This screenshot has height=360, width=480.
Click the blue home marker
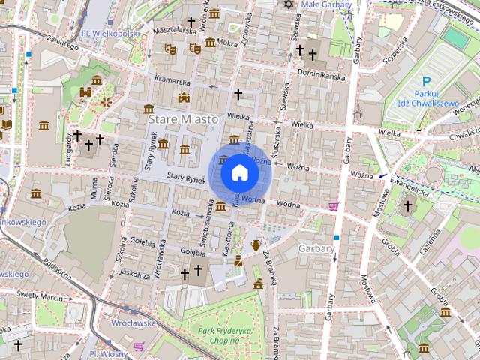pos(240,173)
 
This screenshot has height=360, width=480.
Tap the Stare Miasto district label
pos(183,119)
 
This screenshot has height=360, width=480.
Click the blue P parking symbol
pos(426,82)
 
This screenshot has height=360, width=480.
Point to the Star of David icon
pos(288,4)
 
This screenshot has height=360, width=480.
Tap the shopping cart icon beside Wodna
pos(333,205)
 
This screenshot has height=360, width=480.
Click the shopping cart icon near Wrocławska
pos(139,346)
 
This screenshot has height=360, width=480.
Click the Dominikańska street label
pos(320,74)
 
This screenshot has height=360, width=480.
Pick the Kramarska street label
pos(172,81)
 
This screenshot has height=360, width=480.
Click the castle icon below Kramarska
pos(184,97)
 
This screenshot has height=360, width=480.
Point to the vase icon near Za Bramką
pos(256,244)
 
